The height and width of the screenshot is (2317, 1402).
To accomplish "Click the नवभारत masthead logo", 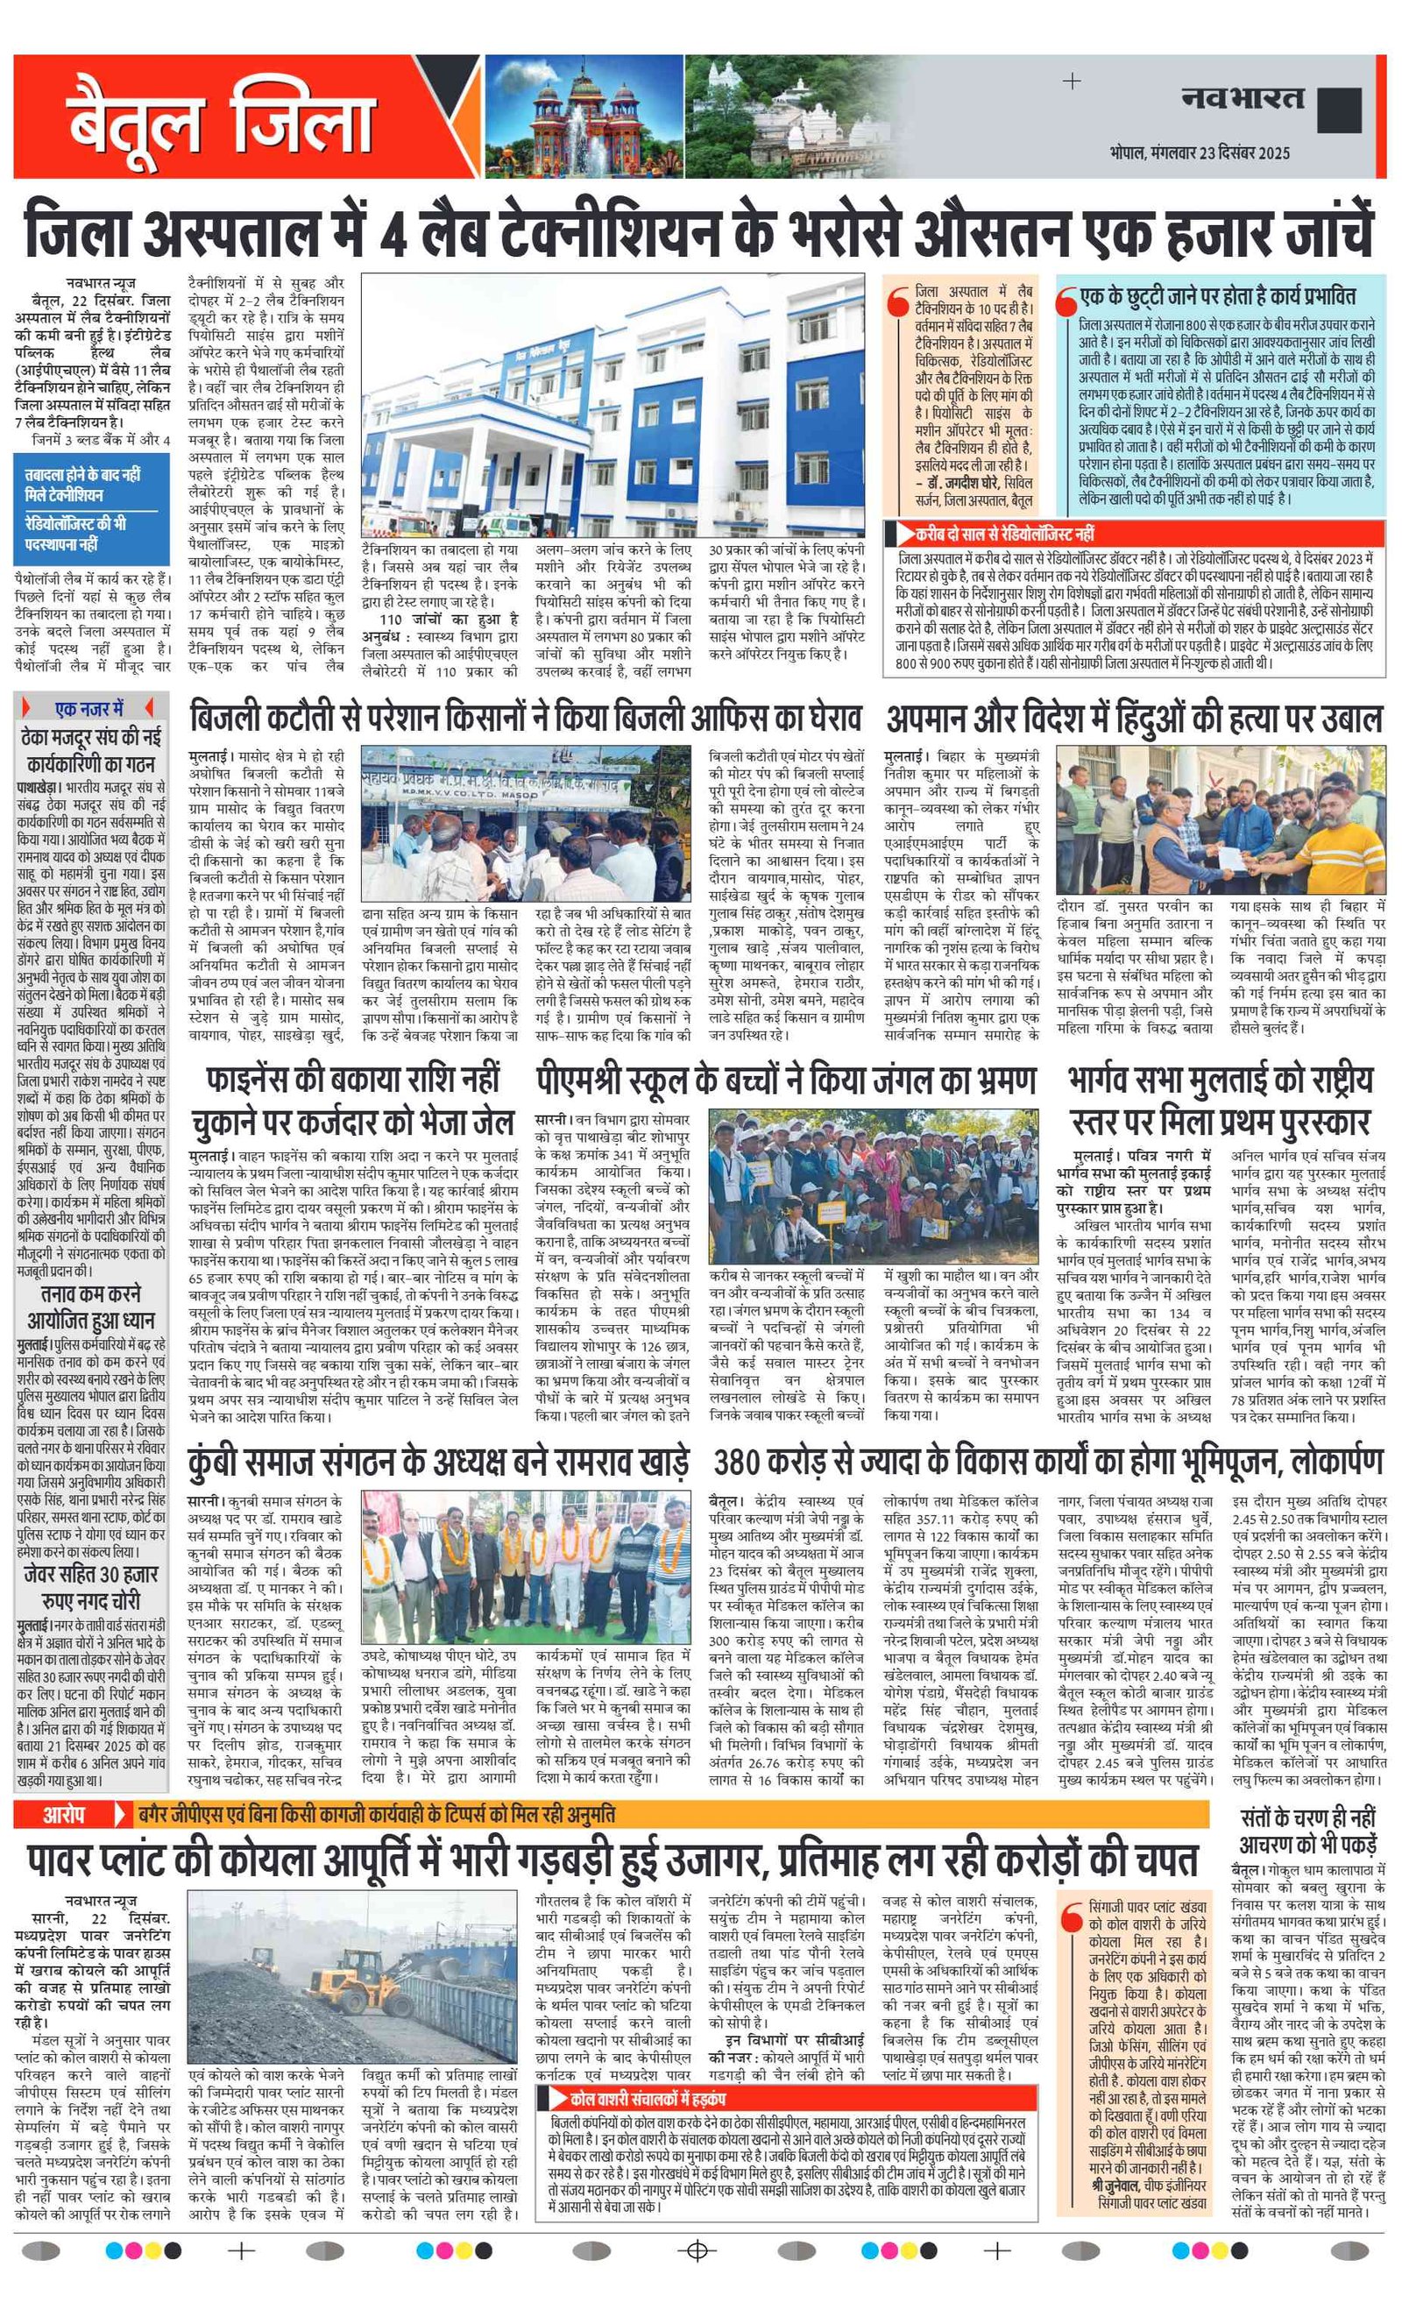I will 1243,98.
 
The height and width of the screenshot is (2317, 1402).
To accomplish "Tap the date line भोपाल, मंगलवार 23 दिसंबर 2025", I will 1199,152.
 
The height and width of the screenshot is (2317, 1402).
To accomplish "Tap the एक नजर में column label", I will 89,708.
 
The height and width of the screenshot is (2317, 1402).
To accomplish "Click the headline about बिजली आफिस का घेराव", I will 525,719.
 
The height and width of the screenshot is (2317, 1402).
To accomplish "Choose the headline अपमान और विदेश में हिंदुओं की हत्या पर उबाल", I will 1133,719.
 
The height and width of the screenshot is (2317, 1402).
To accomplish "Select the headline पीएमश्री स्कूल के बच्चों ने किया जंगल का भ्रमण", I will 786,1081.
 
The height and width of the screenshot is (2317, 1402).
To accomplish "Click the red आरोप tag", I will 63,1814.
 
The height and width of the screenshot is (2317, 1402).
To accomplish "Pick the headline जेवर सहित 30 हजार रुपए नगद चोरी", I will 91,1587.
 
